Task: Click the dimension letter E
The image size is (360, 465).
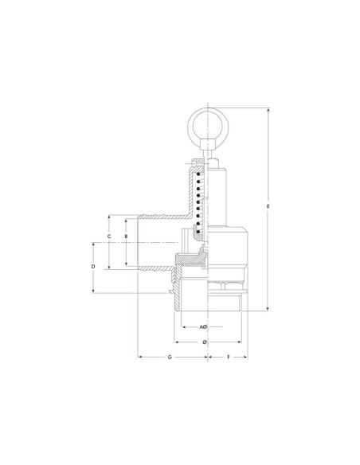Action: click(x=268, y=208)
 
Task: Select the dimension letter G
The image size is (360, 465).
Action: click(x=170, y=358)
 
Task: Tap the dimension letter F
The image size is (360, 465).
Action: click(x=229, y=358)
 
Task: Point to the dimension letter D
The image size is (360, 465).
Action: click(x=94, y=266)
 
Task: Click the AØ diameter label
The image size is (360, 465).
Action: click(x=203, y=327)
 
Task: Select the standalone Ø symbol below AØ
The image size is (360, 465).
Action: click(x=205, y=342)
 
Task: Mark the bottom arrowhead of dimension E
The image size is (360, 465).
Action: click(x=268, y=310)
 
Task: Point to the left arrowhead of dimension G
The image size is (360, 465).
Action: click(x=141, y=358)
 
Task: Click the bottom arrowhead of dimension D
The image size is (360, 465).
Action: click(x=94, y=292)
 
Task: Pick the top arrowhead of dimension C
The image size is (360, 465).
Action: click(x=109, y=215)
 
